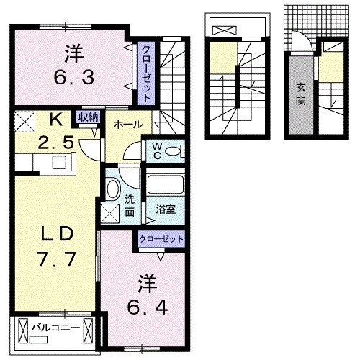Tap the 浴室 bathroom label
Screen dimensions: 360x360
166,209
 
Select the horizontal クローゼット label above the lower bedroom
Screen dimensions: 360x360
162,238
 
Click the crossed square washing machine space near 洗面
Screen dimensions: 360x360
112,214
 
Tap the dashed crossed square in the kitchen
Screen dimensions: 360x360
26,121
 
